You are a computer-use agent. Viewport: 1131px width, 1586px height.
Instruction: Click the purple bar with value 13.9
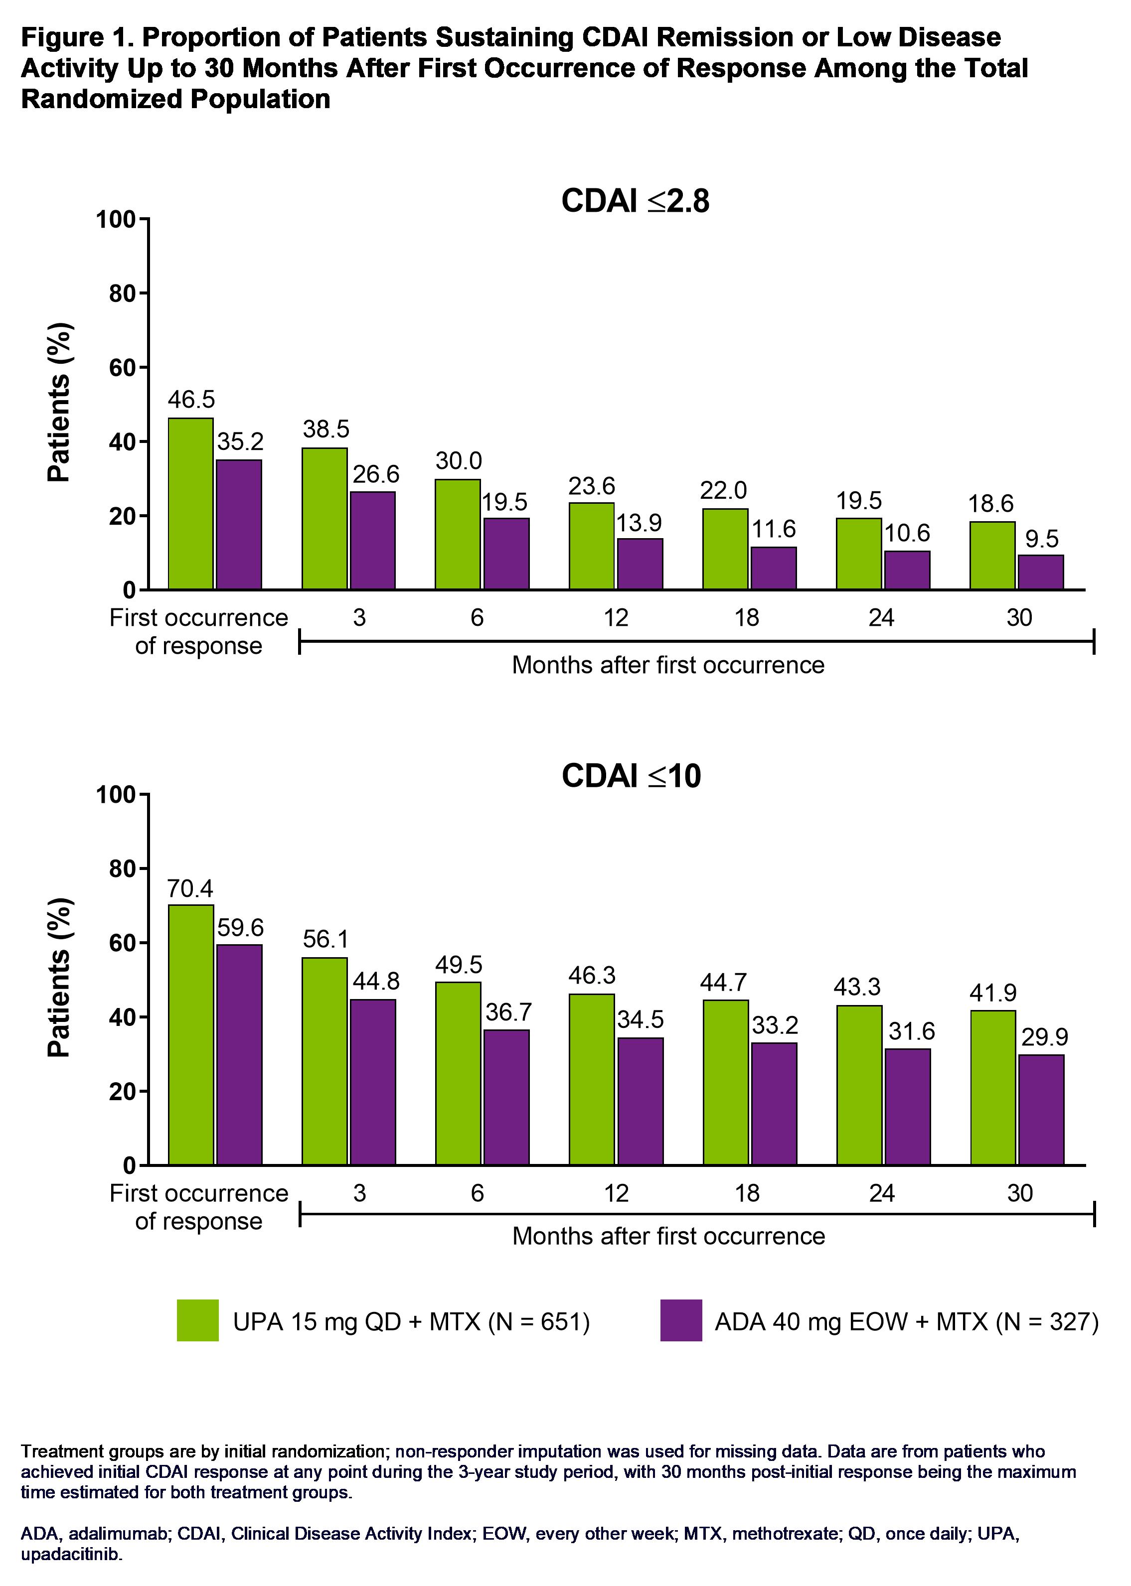pos(640,564)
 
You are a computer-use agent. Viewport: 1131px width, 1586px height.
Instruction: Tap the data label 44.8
pos(376,981)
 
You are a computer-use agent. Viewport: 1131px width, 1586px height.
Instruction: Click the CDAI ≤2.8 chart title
pos(635,201)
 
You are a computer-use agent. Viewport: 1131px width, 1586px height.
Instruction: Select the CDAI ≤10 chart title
pos(631,776)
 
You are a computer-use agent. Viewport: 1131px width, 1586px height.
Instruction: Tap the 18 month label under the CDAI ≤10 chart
pos(747,1193)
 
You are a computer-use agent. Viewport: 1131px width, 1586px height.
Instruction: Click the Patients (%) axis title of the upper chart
pos(60,403)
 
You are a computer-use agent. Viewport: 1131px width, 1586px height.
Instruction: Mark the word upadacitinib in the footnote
pos(71,1555)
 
